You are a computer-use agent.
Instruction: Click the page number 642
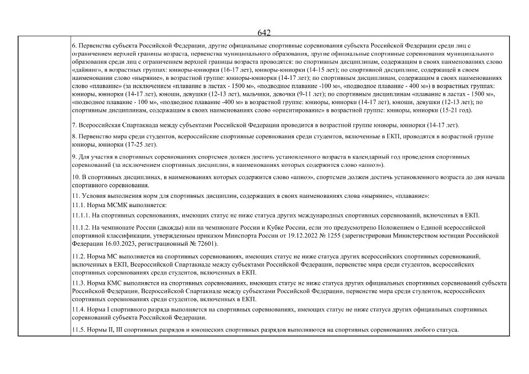[x=264, y=32]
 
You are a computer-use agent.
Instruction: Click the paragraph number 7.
[x=74, y=126]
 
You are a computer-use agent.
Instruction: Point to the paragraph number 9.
[x=74, y=157]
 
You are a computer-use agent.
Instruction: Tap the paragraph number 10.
[x=77, y=177]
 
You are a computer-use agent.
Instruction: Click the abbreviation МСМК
[x=112, y=204]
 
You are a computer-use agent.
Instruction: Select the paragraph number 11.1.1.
[x=81, y=215]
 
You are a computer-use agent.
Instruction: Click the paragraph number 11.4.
[x=79, y=310]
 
